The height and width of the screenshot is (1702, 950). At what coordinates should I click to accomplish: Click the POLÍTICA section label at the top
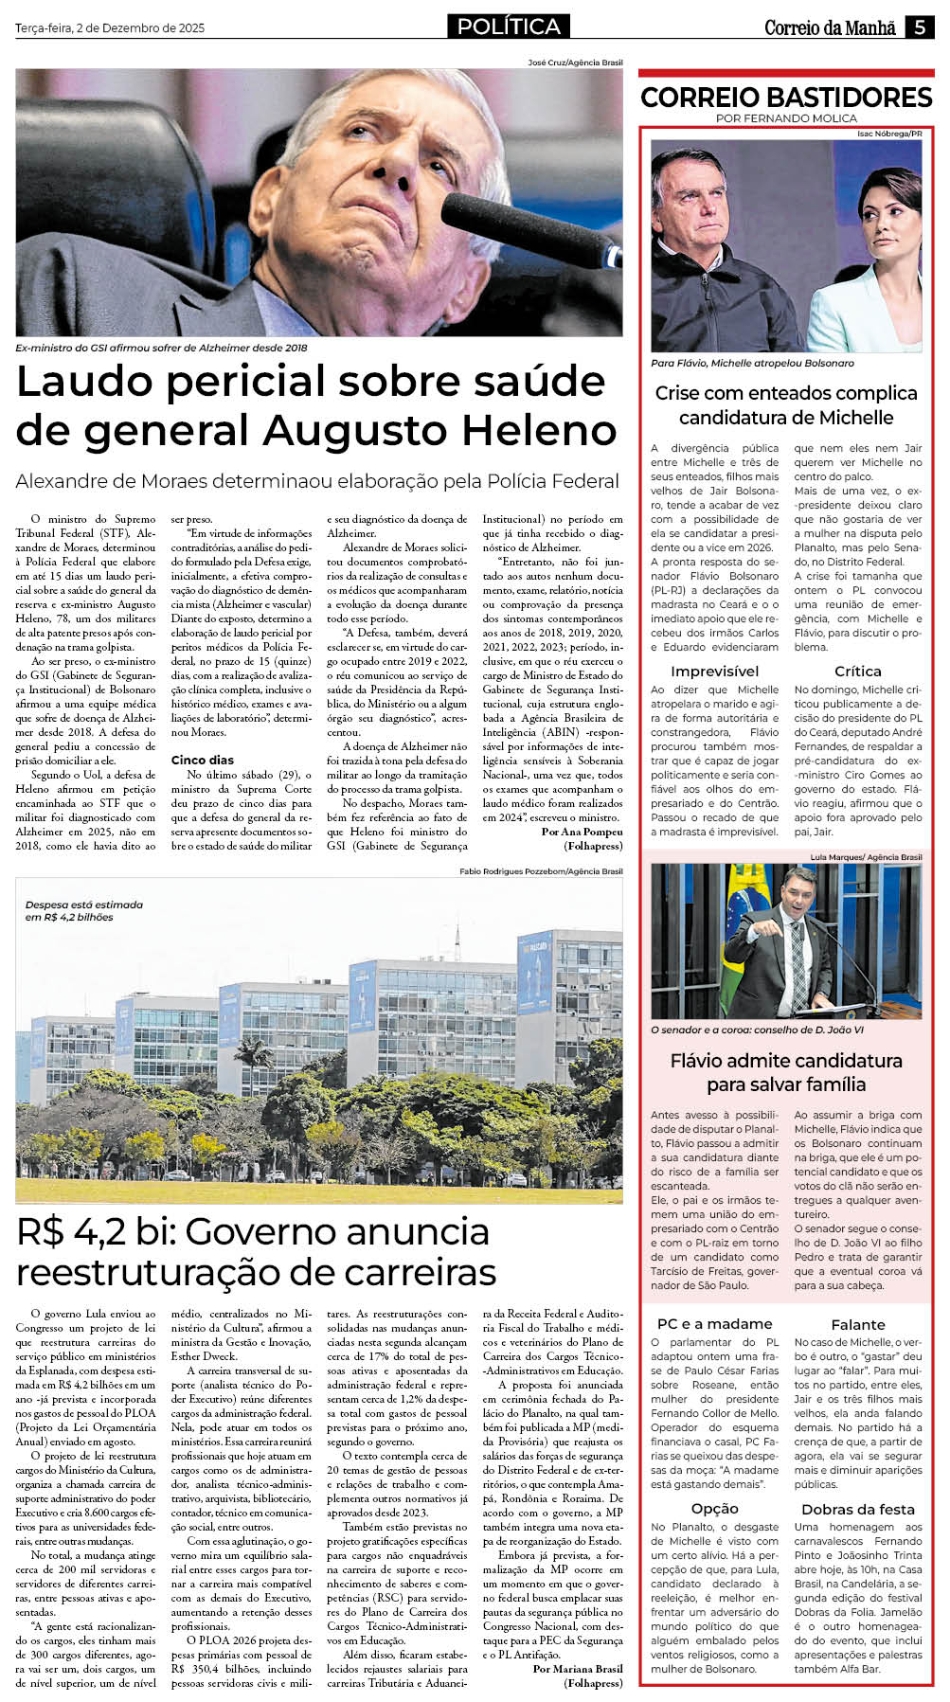[x=509, y=27]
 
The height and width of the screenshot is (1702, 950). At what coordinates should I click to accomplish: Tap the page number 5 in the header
[x=919, y=27]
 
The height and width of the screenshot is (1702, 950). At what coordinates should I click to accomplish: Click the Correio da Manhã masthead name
[x=830, y=27]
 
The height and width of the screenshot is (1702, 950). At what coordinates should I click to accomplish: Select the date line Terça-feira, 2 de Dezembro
[x=110, y=28]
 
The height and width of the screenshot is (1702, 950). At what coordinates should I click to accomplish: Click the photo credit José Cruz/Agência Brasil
[x=575, y=63]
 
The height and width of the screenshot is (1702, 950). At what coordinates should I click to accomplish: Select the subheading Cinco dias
[x=202, y=760]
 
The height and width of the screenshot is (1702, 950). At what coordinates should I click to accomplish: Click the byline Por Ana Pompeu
[x=582, y=832]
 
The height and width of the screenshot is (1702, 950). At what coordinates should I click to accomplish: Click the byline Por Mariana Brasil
[x=578, y=1669]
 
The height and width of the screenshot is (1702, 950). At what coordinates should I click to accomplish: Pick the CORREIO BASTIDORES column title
[x=786, y=98]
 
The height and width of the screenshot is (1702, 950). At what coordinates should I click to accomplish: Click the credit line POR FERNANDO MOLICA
[x=786, y=118]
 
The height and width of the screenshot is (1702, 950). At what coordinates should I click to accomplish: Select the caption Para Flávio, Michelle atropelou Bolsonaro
[x=752, y=363]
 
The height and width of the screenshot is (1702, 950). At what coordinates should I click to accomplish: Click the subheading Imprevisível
[x=714, y=672]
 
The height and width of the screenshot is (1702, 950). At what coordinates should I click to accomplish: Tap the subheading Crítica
[x=857, y=672]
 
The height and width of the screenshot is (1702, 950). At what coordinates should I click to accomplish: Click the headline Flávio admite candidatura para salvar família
[x=786, y=1072]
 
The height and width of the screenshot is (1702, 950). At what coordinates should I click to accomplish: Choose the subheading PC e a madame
[x=714, y=1324]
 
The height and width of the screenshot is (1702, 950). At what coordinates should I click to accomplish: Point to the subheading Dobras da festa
[x=857, y=1509]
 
